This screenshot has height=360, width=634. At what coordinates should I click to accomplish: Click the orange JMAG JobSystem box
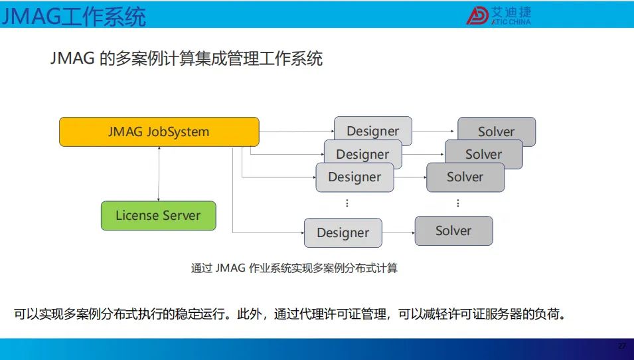pyautogui.click(x=159, y=132)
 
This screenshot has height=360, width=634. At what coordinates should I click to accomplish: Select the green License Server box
pyautogui.click(x=159, y=216)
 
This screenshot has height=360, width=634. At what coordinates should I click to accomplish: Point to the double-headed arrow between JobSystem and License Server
pyautogui.click(x=159, y=173)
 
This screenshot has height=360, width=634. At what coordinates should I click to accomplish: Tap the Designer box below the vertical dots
pyautogui.click(x=343, y=232)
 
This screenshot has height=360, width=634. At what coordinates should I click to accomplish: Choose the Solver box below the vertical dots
pyautogui.click(x=453, y=230)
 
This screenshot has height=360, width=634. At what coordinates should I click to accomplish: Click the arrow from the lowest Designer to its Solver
pyautogui.click(x=398, y=232)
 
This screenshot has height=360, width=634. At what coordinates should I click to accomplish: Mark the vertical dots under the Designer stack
pyautogui.click(x=347, y=203)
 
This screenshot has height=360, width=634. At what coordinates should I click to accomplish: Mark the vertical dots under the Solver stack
pyautogui.click(x=457, y=203)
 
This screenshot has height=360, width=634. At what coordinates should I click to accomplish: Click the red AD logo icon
pyautogui.click(x=477, y=15)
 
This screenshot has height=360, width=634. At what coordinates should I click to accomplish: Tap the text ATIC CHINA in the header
pyautogui.click(x=511, y=22)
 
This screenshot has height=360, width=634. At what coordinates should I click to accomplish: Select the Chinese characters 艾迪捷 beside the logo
pyautogui.click(x=511, y=12)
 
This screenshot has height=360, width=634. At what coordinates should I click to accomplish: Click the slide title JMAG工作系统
pyautogui.click(x=73, y=17)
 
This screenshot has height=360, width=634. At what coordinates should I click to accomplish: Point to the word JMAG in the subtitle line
pyautogui.click(x=72, y=58)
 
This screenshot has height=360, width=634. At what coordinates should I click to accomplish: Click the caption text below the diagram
pyautogui.click(x=294, y=268)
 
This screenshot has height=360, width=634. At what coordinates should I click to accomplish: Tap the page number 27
pyautogui.click(x=622, y=346)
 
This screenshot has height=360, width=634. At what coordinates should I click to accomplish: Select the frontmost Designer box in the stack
pyautogui.click(x=355, y=177)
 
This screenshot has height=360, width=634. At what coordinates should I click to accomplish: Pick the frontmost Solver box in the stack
pyautogui.click(x=465, y=177)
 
